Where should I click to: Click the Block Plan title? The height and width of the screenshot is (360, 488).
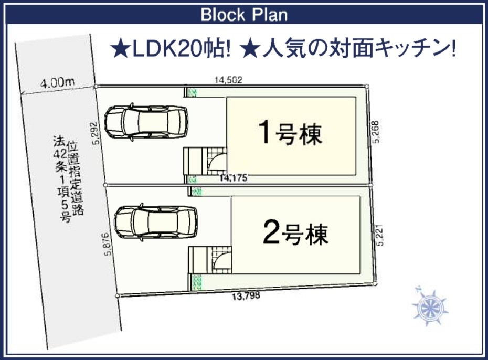click(244, 15)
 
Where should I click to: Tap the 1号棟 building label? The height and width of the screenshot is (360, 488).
click(291, 133)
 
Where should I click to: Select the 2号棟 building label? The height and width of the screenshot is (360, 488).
click(295, 232)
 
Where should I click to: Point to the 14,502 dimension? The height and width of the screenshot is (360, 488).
click(228, 80)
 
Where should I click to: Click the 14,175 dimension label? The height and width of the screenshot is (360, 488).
click(234, 178)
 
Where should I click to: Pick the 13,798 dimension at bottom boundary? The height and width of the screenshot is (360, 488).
click(246, 295)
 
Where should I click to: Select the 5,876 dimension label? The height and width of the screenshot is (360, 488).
click(107, 244)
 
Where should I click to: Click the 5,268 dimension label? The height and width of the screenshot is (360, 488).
click(376, 132)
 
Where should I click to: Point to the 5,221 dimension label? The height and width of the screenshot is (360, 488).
click(380, 235)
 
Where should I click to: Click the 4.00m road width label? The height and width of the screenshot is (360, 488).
click(58, 82)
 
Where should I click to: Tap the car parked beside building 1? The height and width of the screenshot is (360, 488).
click(146, 122)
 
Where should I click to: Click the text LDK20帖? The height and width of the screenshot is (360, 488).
click(182, 49)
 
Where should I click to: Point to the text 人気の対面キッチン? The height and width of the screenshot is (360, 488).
click(359, 49)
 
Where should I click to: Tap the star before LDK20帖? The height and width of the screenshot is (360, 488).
click(121, 49)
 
